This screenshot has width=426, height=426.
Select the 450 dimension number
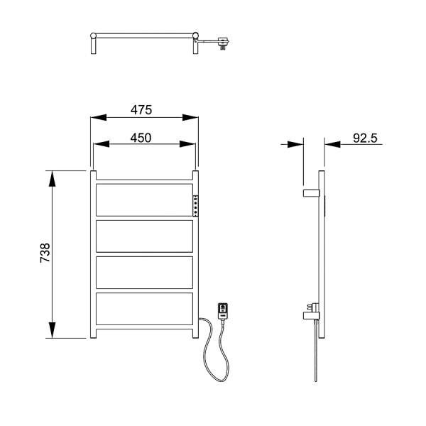pos(141,138)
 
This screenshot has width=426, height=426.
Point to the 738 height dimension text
pos(45,253)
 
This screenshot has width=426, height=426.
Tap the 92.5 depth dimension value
pos(365,138)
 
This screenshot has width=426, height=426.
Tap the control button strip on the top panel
pos(195,204)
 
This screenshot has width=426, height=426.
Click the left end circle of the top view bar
pos(94,35)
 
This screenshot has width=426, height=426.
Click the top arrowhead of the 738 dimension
pos(52,178)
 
